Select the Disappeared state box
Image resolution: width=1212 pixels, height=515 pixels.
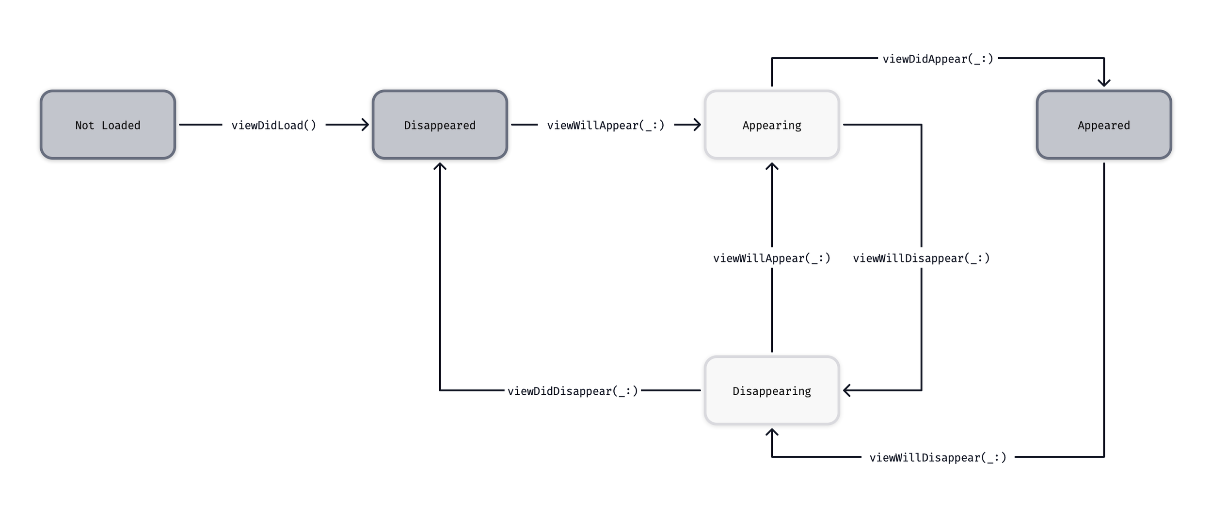(440, 125)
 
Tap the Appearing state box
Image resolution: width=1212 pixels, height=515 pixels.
(772, 125)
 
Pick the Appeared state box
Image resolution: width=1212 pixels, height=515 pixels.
(1104, 125)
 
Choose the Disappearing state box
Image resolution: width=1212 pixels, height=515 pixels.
(772, 390)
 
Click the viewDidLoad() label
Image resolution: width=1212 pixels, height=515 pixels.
(274, 125)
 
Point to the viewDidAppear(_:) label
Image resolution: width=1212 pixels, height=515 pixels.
(938, 59)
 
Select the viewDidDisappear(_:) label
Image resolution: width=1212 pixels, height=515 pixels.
(573, 391)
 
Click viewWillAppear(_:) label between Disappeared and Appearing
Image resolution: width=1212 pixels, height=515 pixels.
(606, 125)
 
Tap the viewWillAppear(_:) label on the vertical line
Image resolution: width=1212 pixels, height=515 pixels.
(772, 258)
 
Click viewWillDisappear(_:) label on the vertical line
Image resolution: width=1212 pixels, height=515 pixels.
(921, 258)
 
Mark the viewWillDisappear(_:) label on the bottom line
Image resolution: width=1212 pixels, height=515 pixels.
(938, 457)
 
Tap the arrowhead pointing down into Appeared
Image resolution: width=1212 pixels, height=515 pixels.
(1104, 83)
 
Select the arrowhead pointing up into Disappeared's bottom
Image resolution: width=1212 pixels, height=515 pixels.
(440, 166)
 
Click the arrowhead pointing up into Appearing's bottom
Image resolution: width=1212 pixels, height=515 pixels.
(772, 166)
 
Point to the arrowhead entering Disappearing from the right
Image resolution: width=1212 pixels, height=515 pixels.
(846, 390)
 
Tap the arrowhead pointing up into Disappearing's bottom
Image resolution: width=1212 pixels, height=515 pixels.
(772, 432)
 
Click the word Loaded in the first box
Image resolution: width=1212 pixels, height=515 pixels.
(121, 125)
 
